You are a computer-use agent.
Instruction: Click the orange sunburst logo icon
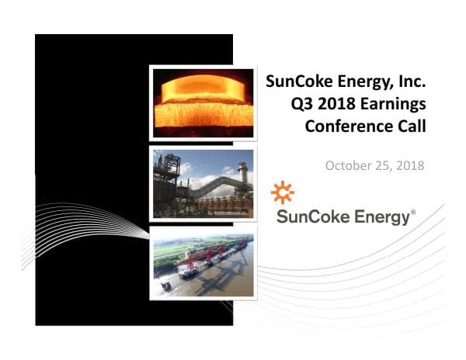tap(283, 192)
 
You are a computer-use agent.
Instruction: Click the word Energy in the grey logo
tap(380, 218)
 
